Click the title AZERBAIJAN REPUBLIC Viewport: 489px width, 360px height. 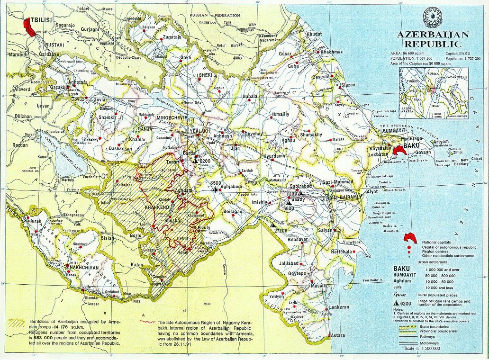pyautogui.click(x=432, y=39)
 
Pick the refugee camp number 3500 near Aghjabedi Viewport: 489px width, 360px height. pyautogui.click(x=216, y=183)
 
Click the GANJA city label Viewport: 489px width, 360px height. pyautogui.click(x=144, y=128)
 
